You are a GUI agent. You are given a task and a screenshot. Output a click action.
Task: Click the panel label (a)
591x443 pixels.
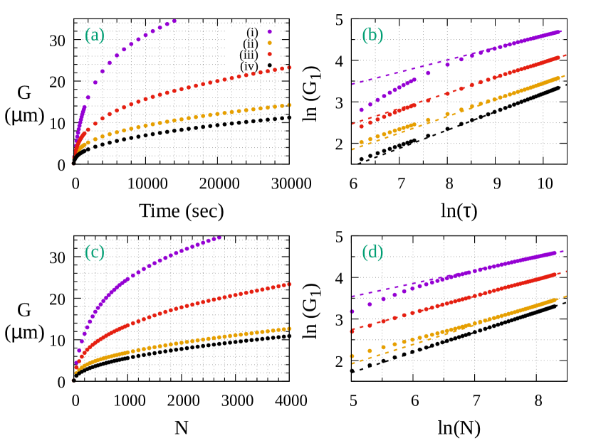94,36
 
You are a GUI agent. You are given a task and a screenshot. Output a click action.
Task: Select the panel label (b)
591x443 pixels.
372,36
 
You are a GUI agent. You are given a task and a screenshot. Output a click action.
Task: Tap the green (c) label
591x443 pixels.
94,252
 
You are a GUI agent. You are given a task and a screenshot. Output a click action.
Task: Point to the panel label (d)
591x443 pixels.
372,252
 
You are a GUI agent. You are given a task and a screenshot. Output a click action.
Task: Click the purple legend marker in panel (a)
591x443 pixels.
269,32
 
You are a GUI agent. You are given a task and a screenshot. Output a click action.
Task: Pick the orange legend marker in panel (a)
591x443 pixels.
269,43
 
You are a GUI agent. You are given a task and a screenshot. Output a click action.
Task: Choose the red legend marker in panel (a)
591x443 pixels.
269,54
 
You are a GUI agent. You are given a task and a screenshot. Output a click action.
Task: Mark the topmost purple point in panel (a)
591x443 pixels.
174,21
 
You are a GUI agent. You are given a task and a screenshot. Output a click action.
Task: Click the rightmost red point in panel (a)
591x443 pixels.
290,68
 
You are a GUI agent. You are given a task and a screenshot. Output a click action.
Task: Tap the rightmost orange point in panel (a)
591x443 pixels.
290,105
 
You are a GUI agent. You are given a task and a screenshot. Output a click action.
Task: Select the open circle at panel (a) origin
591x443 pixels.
73,163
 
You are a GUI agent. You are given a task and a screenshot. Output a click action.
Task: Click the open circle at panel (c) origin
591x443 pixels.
73,380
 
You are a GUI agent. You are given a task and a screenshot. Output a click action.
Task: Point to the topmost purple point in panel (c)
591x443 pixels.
219,237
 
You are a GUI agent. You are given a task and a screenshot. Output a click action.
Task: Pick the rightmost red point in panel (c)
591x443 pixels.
290,284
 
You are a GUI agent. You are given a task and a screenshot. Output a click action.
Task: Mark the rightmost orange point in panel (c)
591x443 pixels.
290,329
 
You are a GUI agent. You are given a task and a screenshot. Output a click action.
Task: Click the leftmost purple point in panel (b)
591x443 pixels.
361,110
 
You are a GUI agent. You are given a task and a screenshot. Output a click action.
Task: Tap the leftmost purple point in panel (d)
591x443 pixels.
352,311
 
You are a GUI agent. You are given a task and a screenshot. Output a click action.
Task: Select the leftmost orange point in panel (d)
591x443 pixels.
352,356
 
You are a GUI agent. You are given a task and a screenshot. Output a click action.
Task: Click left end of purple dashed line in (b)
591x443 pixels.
352,84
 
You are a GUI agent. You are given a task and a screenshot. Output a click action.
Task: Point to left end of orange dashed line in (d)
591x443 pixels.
352,363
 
